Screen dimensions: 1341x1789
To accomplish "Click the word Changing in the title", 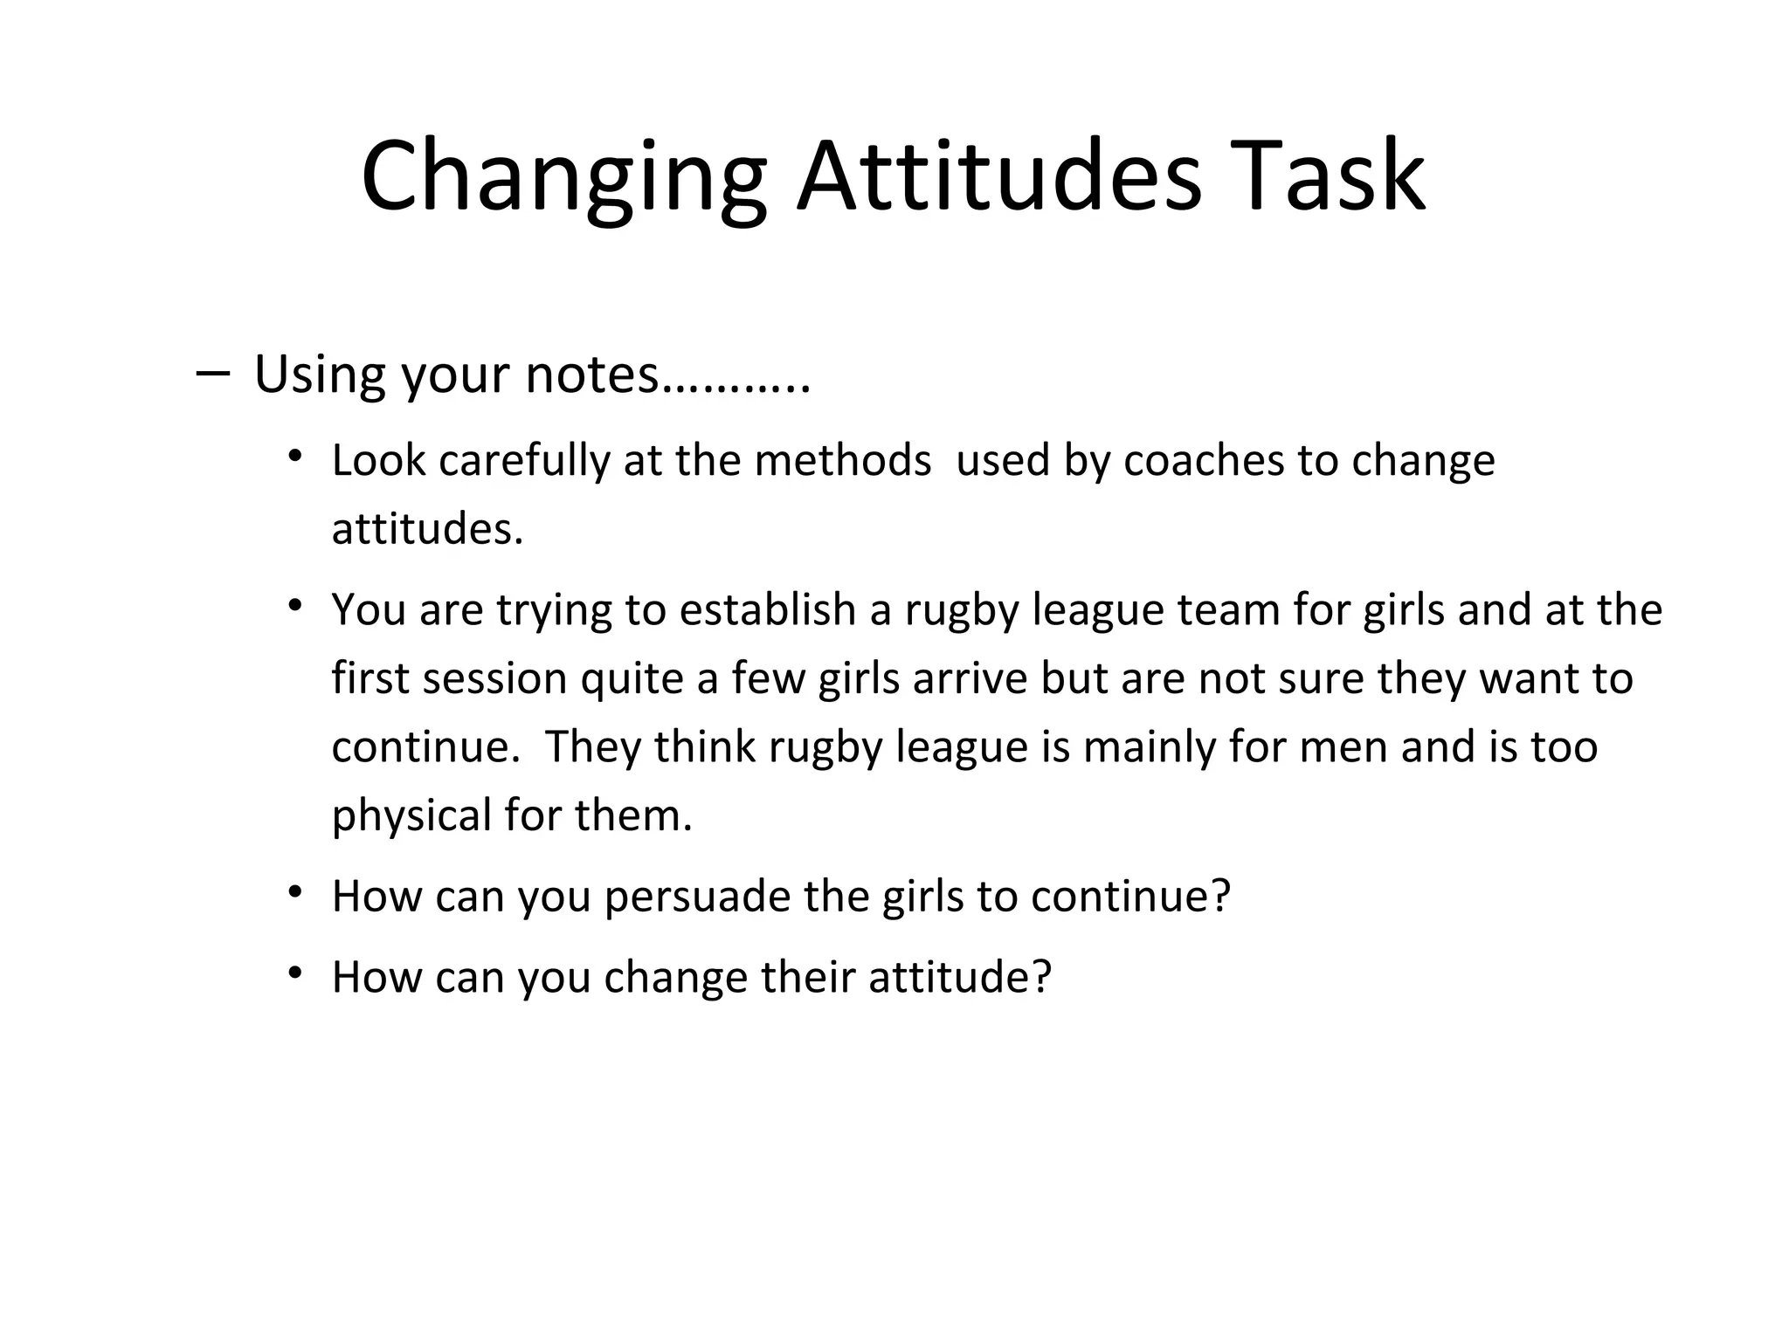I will (563, 179).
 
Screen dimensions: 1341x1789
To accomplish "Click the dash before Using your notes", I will (213, 374).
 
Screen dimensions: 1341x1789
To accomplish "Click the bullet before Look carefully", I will (296, 456).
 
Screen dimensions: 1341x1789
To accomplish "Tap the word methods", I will (842, 460).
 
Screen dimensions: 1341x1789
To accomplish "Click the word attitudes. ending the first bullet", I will (427, 529).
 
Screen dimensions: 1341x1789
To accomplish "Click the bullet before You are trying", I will (296, 605).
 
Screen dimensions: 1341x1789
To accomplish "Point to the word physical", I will (411, 816).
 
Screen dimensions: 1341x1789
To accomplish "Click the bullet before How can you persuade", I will (296, 891).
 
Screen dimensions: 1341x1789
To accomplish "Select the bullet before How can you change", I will (296, 972).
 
